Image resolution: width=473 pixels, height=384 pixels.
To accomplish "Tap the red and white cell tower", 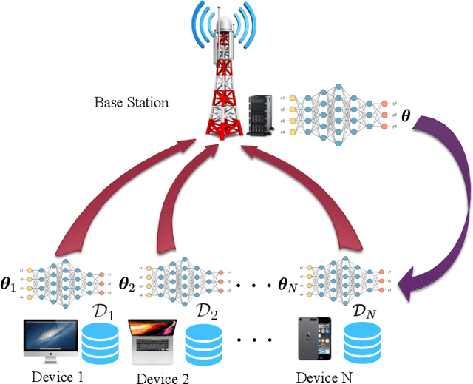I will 225,89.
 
